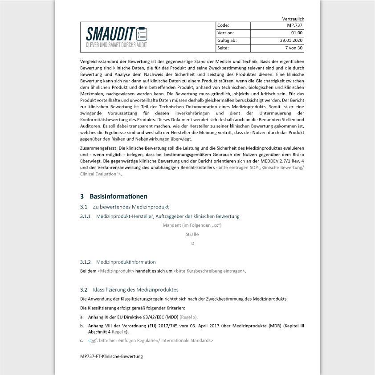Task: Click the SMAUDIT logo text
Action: coord(110,34)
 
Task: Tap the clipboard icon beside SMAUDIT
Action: coord(142,34)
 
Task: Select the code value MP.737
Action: coord(294,25)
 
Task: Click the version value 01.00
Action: coord(297,33)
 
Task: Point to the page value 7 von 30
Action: coord(293,48)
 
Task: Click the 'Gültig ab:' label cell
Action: coord(227,41)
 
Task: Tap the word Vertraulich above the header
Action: coord(293,19)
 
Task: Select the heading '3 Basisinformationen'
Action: coord(114,196)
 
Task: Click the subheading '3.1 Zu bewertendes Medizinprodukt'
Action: coord(124,207)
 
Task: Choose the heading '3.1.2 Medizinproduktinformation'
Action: coord(118,262)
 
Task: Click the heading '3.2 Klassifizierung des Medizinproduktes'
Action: coord(129,289)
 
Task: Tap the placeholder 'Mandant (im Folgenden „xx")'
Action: coord(192,225)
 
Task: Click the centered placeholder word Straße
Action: coord(192,234)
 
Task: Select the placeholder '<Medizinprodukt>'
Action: coord(116,271)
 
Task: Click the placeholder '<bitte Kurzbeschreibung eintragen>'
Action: coord(209,271)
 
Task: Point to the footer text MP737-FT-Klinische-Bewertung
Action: coord(111,356)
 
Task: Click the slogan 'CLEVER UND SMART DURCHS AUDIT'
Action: coord(116,45)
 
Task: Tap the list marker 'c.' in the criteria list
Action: coord(82,340)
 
